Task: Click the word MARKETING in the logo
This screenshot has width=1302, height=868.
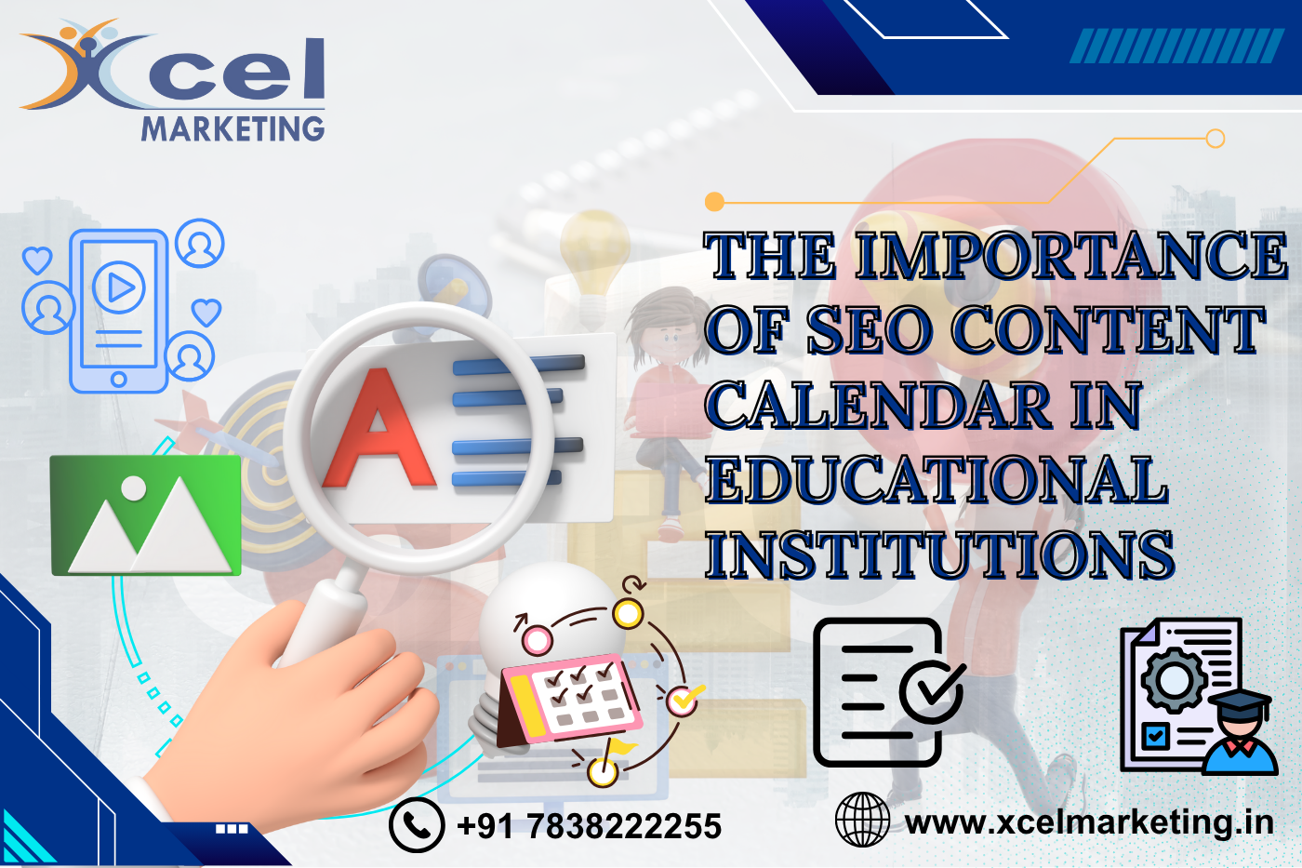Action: (232, 128)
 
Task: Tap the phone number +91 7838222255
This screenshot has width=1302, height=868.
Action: (589, 826)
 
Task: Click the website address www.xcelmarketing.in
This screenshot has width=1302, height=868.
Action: (1089, 822)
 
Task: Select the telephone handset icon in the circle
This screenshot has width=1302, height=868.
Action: (416, 825)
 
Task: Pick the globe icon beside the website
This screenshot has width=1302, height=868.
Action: (862, 820)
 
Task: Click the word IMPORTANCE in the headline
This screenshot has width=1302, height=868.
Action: (1070, 256)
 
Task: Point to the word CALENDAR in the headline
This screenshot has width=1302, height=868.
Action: (878, 407)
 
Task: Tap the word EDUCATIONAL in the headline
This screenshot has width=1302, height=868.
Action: (936, 480)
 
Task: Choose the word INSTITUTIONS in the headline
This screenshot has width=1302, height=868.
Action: (939, 555)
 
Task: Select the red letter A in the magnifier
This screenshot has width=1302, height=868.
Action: (378, 430)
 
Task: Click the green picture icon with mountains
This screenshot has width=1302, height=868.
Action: (146, 514)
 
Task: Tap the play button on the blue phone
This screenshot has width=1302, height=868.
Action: (120, 287)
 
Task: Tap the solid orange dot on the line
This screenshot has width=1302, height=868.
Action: (714, 201)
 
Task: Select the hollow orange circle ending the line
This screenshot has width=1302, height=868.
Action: (1215, 139)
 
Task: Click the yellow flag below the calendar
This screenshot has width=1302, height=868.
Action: (618, 750)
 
